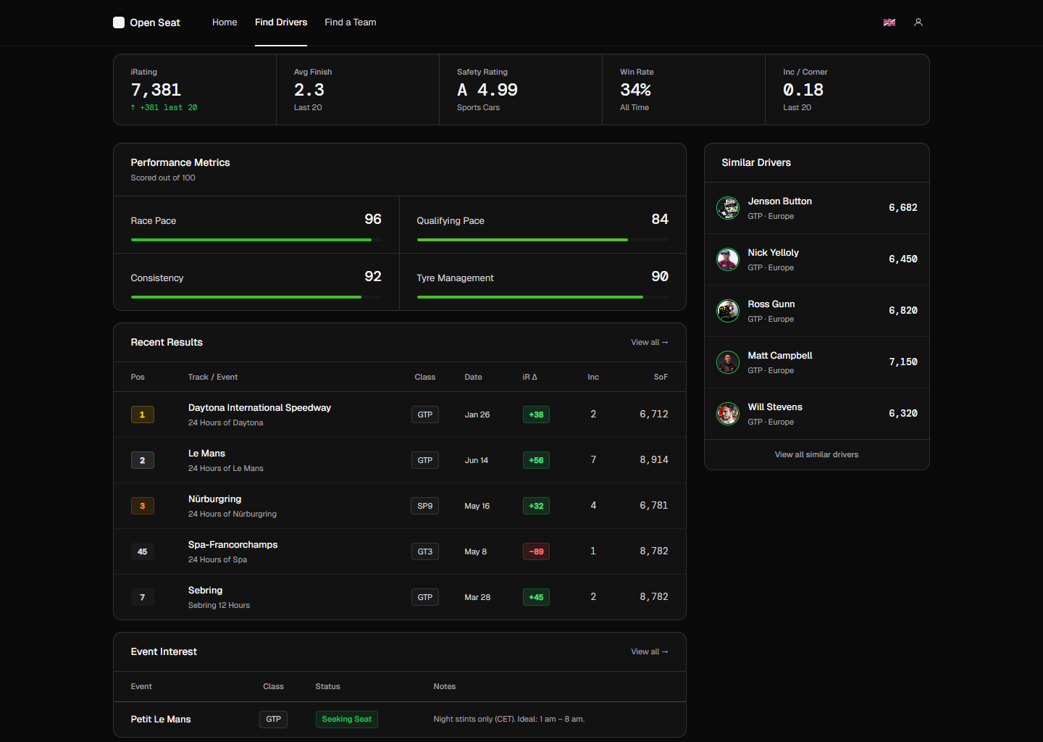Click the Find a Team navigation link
[x=350, y=22]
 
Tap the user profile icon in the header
[x=918, y=22]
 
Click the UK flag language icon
[x=889, y=22]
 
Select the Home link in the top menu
[x=225, y=22]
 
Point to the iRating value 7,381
[x=156, y=90]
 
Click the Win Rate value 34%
[x=635, y=90]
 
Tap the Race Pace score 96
[x=372, y=219]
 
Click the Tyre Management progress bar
[x=542, y=297]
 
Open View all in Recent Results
[x=649, y=343]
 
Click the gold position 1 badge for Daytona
[x=142, y=414]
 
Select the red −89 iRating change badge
[x=536, y=551]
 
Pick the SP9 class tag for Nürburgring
[x=424, y=506]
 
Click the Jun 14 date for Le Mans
[x=476, y=460]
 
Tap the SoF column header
[x=661, y=377]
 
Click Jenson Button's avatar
[x=727, y=208]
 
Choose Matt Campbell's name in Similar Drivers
[x=779, y=356]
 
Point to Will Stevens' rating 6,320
[x=902, y=413]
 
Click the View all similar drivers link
[x=816, y=454]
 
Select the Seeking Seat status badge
[x=346, y=719]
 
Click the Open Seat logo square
[x=119, y=22]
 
